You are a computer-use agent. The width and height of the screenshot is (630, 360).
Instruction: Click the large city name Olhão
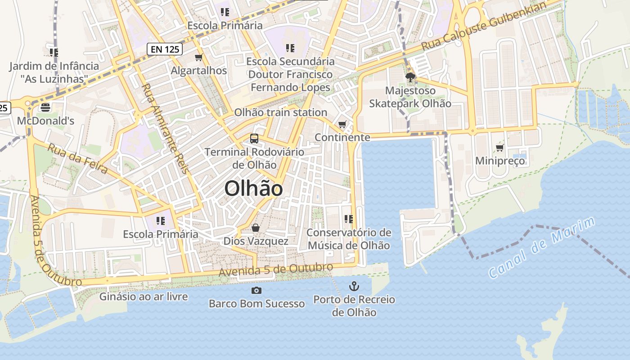[253, 189]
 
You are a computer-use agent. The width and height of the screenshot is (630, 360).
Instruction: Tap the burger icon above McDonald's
[45, 108]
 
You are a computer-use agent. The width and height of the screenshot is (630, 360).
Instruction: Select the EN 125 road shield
[165, 49]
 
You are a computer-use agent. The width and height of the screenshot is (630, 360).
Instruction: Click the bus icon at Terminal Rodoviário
[254, 139]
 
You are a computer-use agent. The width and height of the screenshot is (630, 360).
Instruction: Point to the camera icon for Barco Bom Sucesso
[256, 291]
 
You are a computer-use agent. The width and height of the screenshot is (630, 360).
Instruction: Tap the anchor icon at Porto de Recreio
[354, 286]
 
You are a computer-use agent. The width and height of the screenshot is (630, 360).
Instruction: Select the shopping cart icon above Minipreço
[499, 148]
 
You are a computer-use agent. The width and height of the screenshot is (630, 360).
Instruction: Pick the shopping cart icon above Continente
[342, 124]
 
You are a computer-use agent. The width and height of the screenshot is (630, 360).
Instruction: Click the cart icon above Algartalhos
[199, 58]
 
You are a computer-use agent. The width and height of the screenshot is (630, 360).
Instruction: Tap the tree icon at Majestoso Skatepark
[410, 77]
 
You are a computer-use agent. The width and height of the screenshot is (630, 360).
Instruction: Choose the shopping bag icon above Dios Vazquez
[256, 228]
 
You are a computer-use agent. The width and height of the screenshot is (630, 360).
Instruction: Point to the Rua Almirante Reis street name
[165, 129]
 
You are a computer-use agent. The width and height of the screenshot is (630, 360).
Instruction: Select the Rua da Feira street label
[78, 158]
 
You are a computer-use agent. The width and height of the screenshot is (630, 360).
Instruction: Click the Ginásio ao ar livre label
[144, 297]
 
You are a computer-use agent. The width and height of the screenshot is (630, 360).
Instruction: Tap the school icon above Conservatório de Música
[348, 219]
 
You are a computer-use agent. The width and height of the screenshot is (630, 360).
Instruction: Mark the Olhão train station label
[281, 112]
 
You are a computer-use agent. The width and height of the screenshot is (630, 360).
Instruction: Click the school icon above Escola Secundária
[290, 48]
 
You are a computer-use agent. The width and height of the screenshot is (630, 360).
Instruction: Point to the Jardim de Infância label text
[54, 66]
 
